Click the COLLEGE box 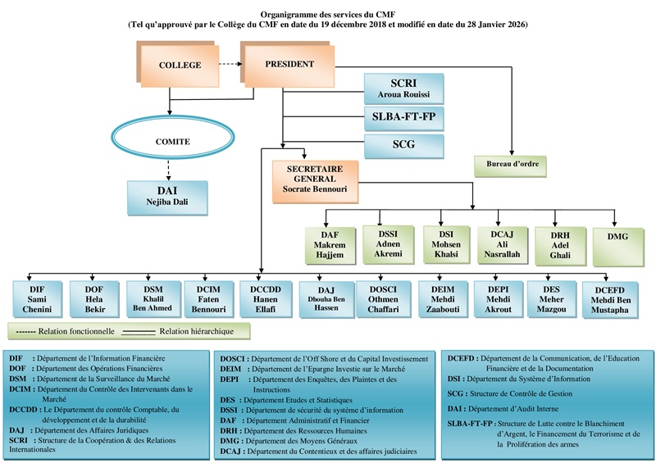pyautogui.click(x=179, y=66)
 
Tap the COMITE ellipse pyautogui.click(x=172, y=142)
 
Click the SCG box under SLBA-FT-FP pyautogui.click(x=403, y=146)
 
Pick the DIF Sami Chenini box pyautogui.click(x=37, y=299)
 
